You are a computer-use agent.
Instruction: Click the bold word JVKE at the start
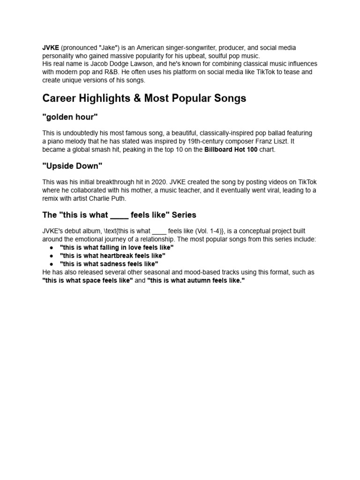(50, 48)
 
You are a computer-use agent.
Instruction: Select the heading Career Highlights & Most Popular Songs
(144, 98)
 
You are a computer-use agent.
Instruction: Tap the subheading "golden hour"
(70, 117)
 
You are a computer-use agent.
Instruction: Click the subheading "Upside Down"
(72, 166)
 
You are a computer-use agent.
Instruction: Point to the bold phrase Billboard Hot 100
(231, 150)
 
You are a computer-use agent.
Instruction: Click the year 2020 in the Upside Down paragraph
(158, 182)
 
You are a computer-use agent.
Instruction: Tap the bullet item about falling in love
(117, 247)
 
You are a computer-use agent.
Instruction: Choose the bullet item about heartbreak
(112, 255)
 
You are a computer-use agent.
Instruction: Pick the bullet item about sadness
(109, 264)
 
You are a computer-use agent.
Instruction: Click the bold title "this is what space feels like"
(88, 280)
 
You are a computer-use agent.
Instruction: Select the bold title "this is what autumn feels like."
(196, 280)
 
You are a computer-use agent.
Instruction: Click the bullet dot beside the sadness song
(51, 264)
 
